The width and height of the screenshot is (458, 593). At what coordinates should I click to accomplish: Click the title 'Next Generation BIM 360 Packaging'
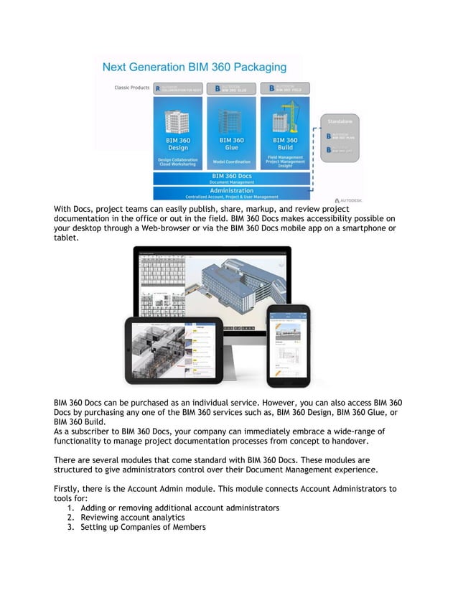194,67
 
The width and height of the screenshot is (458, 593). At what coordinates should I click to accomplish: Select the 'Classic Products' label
131,88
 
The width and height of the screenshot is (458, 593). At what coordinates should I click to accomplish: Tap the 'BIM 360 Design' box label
177,143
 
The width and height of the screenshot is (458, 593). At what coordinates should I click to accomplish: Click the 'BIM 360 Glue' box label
231,143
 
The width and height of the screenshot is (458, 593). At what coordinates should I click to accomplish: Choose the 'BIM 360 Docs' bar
231,175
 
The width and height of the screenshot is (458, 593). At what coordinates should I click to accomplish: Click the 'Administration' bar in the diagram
231,190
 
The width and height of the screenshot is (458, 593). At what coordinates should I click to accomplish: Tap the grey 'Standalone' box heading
340,121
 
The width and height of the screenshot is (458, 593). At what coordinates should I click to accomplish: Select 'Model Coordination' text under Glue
231,162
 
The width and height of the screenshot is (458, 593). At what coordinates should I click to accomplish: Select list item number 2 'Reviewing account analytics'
132,517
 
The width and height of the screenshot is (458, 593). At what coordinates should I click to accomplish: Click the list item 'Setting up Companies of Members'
143,527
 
